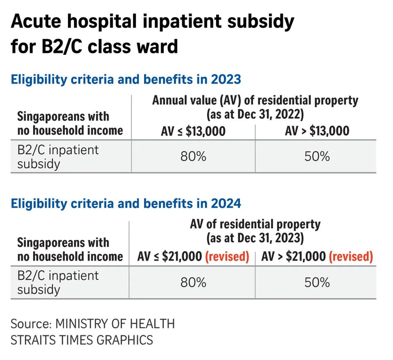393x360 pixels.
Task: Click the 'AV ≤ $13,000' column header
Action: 193,131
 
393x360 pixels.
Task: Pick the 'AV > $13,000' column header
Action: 317,131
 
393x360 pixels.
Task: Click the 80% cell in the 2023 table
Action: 193,157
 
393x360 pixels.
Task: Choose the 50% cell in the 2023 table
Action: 317,157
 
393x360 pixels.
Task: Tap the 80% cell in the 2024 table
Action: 193,283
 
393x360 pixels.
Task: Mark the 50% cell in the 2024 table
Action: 317,283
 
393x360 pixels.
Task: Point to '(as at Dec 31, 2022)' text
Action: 255,115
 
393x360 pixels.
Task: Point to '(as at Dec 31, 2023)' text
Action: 255,238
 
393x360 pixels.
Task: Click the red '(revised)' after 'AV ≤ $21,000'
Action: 227,257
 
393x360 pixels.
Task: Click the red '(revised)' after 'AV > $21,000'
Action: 351,257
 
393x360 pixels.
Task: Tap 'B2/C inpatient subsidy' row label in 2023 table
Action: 58,157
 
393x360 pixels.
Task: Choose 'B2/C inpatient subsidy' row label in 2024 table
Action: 58,283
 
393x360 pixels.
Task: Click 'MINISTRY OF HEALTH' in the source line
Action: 115,324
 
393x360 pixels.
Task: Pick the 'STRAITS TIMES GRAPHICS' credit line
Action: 82,340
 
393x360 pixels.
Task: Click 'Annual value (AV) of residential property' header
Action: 255,101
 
